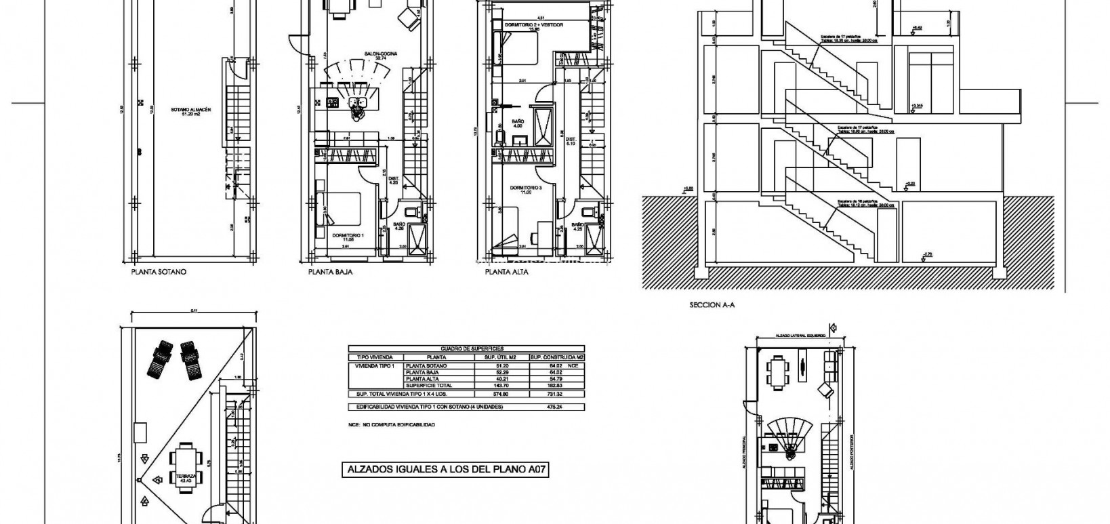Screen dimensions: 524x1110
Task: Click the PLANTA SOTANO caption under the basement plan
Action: pos(158,272)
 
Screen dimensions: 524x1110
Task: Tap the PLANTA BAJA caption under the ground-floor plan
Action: pos(330,272)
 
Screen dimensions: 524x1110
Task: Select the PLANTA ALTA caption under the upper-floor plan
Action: pos(506,272)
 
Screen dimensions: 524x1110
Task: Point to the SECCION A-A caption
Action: pos(712,305)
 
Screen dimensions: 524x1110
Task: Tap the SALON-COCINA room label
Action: pos(380,55)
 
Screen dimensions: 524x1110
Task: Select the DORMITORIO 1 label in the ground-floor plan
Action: pos(348,237)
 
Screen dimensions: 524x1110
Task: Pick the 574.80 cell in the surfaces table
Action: pos(502,394)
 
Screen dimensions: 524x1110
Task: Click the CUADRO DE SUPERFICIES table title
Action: pos(466,348)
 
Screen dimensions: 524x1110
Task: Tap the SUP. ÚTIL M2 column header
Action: pos(502,357)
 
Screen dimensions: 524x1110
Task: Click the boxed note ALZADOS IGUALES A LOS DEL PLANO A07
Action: pos(445,470)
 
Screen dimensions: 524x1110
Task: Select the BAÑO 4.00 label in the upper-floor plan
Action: pos(518,124)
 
